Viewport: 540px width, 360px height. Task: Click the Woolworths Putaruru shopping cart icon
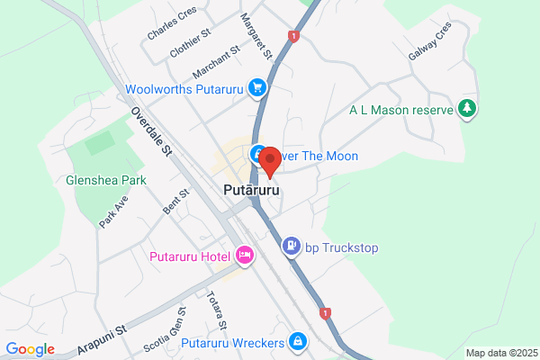[x=258, y=87]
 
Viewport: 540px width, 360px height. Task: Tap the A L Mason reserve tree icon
[x=467, y=110]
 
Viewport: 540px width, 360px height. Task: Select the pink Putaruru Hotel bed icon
[x=245, y=256]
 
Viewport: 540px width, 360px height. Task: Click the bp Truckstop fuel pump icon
[x=292, y=246]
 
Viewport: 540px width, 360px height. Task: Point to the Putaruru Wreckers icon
[x=297, y=341]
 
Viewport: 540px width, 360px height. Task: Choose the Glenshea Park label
[x=106, y=180]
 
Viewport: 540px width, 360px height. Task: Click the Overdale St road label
[x=150, y=133]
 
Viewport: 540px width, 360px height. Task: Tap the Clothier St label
[x=190, y=42]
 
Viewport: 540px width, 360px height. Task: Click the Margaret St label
[x=255, y=32]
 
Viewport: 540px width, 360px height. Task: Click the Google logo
[x=31, y=349]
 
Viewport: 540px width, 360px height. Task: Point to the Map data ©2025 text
[x=500, y=353]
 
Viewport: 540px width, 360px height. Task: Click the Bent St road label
[x=176, y=202]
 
